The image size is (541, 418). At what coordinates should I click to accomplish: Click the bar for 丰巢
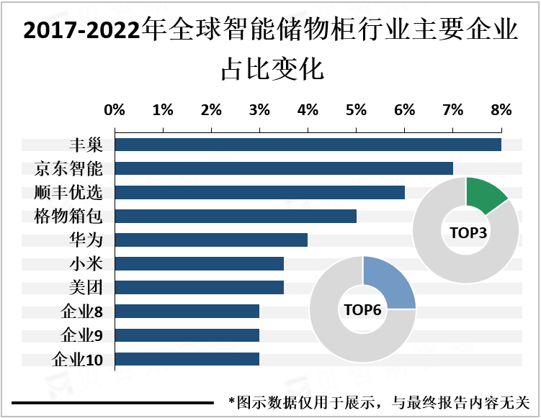point(308,145)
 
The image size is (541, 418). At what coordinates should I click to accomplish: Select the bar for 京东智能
point(284,168)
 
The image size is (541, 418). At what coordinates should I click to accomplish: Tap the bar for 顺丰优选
point(259,192)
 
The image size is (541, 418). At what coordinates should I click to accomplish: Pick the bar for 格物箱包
point(236,216)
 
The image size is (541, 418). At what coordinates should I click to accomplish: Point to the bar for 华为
point(211,240)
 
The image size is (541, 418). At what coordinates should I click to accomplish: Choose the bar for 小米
point(199,263)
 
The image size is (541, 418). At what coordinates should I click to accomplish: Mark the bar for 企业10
point(187,358)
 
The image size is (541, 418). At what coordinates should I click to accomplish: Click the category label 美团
point(85,288)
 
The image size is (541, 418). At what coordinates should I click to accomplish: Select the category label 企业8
point(82,312)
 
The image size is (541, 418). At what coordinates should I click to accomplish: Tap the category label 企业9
point(82,335)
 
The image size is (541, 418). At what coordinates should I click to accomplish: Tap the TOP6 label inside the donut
point(362,311)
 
